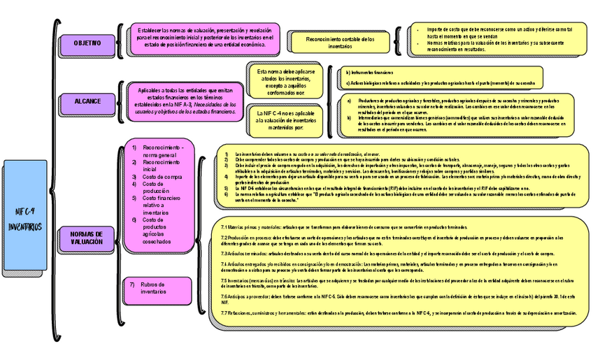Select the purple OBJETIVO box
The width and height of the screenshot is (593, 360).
(x=87, y=43)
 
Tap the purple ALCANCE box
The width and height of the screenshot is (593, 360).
(x=87, y=101)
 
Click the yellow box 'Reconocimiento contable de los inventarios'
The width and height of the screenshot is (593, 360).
(x=340, y=41)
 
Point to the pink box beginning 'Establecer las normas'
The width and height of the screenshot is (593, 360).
(x=204, y=38)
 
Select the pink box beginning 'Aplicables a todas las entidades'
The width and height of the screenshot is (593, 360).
(x=185, y=101)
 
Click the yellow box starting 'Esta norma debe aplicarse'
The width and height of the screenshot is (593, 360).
(x=286, y=82)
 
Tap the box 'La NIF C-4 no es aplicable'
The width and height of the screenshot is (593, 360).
(x=285, y=121)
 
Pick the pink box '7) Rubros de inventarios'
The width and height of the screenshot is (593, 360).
(x=158, y=288)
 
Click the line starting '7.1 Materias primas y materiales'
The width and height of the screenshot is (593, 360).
(x=343, y=227)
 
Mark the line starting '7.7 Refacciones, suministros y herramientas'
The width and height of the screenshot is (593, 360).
(x=388, y=313)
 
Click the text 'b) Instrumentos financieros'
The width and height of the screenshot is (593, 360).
(x=370, y=73)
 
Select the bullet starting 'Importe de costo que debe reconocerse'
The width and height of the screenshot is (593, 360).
(x=499, y=32)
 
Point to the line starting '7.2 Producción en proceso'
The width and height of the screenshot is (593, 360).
(x=395, y=240)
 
